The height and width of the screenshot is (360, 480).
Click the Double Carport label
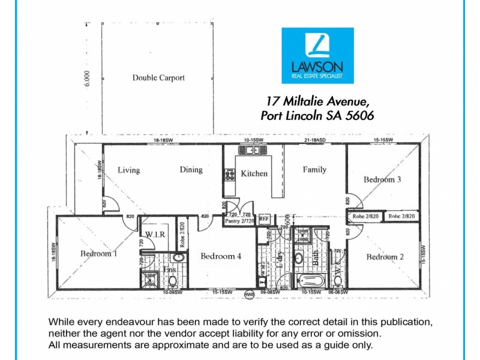(158, 77)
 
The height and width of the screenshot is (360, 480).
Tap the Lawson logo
(318, 55)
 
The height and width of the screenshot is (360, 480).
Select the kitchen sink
(247, 150)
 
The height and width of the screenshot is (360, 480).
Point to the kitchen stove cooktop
(229, 175)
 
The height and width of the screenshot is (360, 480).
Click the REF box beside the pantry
(264, 219)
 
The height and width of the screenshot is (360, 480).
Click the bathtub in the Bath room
(310, 281)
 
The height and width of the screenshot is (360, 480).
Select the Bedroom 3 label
(382, 179)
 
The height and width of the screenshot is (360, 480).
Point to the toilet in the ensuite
(172, 280)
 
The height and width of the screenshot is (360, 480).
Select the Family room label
(314, 170)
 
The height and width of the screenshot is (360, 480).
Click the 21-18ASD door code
(314, 140)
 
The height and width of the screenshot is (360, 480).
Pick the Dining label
(191, 170)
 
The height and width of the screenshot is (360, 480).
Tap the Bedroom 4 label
(221, 256)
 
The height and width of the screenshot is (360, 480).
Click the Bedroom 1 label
(98, 254)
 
